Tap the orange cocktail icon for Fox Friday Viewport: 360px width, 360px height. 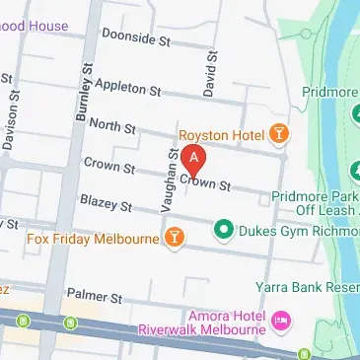(x=175, y=237)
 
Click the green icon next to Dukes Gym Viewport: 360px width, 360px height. (x=224, y=233)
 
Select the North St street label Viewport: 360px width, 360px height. (x=110, y=124)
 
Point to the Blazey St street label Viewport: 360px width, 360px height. (x=108, y=206)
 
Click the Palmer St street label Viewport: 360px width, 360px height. (x=94, y=296)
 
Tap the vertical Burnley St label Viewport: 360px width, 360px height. (x=82, y=93)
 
